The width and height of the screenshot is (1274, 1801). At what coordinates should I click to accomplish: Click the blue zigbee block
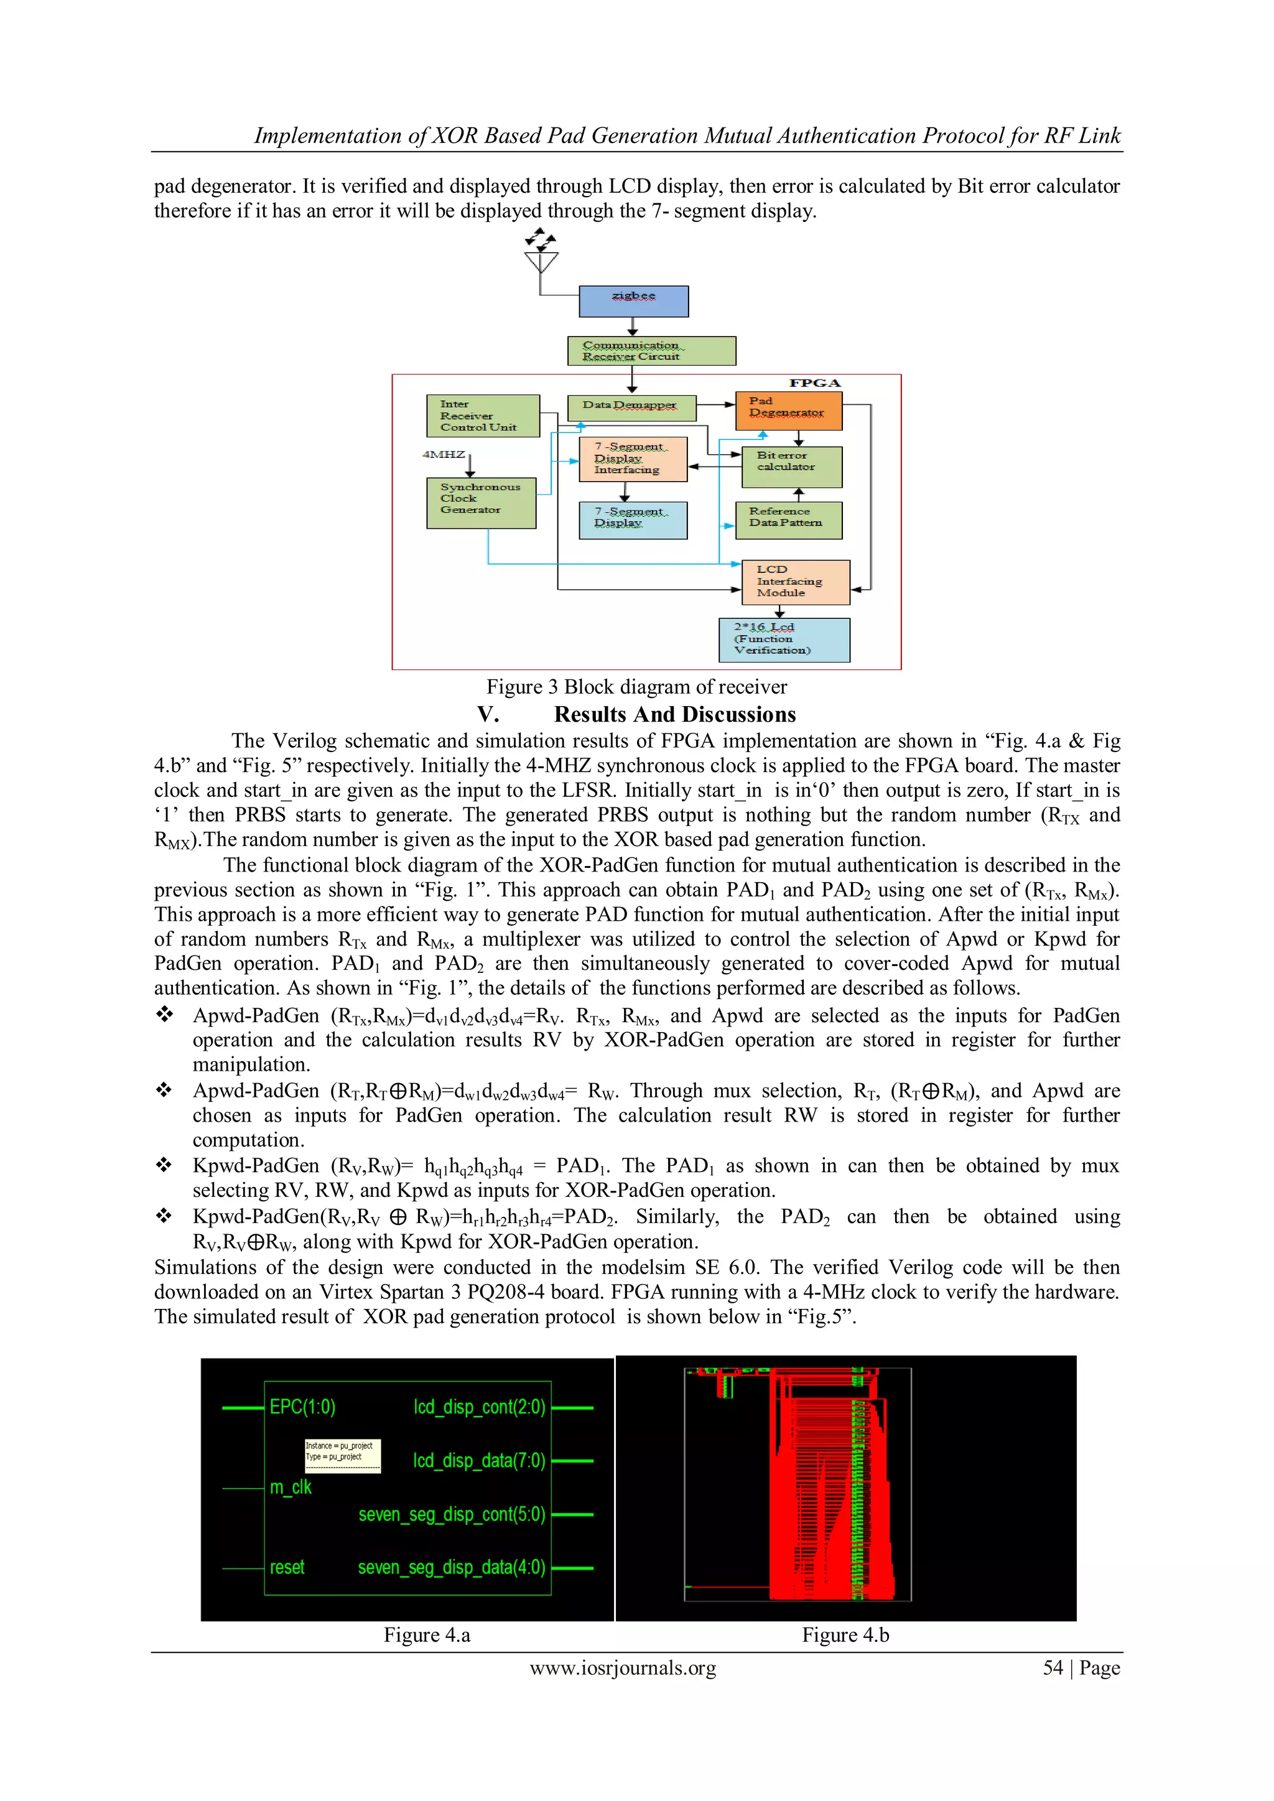point(633,301)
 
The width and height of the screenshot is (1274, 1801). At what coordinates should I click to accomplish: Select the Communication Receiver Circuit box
point(651,351)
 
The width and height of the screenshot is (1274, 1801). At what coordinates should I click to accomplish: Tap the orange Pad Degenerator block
point(788,410)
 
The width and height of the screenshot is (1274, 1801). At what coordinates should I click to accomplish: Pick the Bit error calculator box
point(791,467)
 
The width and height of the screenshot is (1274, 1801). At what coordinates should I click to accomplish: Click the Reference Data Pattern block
point(788,520)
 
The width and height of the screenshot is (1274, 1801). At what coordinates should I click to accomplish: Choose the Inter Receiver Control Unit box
point(483,416)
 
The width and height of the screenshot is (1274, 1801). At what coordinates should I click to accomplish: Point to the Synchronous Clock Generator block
point(481,503)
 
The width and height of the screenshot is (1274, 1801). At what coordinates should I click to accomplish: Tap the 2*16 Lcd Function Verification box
point(784,640)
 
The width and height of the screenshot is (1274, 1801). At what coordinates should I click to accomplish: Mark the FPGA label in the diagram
point(814,383)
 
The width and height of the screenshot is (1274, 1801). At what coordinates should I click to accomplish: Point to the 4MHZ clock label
point(444,454)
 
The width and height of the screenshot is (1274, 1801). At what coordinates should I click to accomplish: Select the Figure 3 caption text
point(636,687)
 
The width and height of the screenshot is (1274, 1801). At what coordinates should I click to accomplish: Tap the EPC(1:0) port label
point(302,1407)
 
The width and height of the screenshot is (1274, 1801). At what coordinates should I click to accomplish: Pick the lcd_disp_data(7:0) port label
point(478,1460)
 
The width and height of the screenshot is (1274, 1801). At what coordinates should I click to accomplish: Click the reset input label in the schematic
point(287,1566)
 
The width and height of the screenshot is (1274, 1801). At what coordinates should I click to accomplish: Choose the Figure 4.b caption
point(845,1635)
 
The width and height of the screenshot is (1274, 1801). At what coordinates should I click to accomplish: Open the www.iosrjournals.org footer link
point(623,1668)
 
